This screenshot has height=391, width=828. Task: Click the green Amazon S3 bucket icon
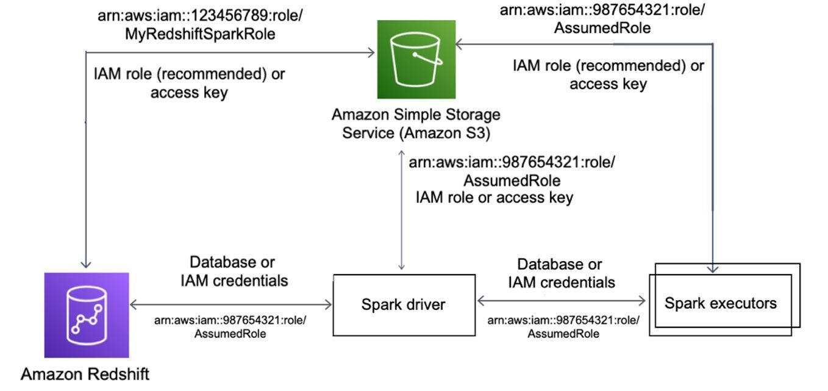point(416,60)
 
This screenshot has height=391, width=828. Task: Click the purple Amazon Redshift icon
point(87,315)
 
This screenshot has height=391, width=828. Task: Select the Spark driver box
point(404,305)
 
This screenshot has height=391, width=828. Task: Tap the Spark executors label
point(721,303)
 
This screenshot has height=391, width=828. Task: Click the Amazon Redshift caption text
point(85,375)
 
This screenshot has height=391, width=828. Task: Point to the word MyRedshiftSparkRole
point(200,34)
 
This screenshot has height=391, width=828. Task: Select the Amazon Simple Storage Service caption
point(416,124)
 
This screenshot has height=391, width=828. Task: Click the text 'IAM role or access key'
point(494,198)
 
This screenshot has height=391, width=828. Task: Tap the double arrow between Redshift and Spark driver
point(231,304)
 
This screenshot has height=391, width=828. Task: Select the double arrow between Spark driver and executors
point(562,301)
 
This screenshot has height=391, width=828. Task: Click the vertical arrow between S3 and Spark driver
point(401,210)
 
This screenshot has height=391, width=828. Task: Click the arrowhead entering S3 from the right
point(460,45)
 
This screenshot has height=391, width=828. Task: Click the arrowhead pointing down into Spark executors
point(713,269)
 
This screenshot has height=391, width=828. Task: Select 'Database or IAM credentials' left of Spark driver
point(234,271)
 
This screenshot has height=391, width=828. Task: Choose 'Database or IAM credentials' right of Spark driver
point(561,273)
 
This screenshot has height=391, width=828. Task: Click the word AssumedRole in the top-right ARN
point(602,28)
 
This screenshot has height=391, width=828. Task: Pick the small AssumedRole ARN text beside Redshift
point(230,327)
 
